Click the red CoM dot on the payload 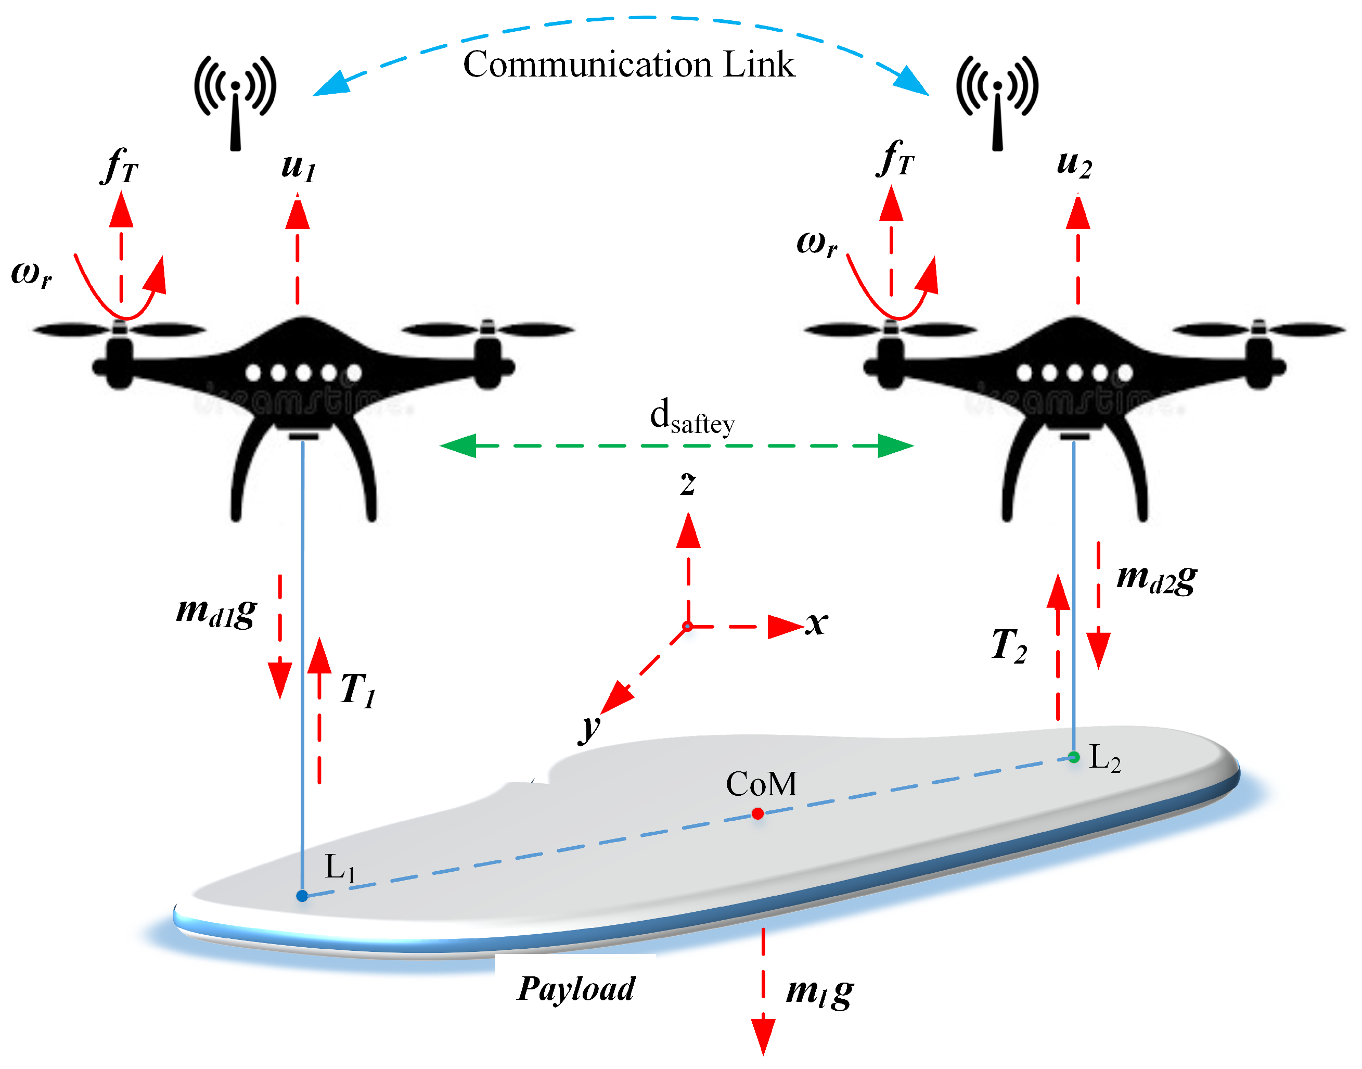(x=757, y=813)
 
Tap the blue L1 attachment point (x=302, y=896)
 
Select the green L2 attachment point (x=1074, y=757)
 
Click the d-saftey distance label (x=691, y=417)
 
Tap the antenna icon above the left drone (x=235, y=100)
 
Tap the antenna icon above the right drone (x=997, y=100)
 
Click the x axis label (x=816, y=623)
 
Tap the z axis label (x=688, y=483)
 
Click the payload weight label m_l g (x=819, y=991)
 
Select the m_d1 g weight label (x=216, y=611)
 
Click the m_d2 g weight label (x=1156, y=578)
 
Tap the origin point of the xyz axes (x=688, y=626)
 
